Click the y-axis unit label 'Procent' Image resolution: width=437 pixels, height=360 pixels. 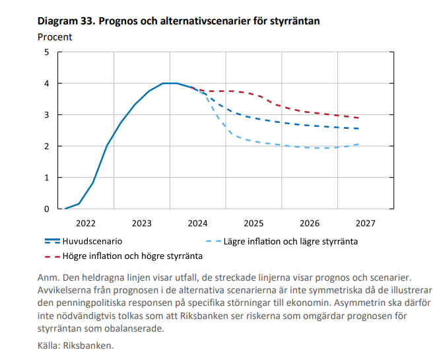click(55, 37)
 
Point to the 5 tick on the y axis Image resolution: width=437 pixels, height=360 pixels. click(46, 52)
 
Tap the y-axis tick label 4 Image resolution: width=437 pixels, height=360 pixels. click(46, 84)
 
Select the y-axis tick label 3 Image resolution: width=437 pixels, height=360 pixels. click(46, 115)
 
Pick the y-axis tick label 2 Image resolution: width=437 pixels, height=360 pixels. click(46, 146)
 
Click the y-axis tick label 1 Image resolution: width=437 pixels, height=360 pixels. click(46, 178)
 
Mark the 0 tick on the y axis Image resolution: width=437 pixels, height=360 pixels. click(46, 209)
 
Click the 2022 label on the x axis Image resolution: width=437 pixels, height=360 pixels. click(86, 223)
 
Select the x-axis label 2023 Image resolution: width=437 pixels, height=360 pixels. click(142, 223)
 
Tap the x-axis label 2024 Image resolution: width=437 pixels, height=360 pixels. click(198, 223)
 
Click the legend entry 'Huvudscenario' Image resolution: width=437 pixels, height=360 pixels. click(92, 242)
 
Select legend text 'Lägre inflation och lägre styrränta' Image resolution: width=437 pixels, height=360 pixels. click(291, 242)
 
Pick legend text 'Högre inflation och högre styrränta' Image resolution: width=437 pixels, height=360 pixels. click(132, 255)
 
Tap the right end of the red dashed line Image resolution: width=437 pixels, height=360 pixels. click(359, 118)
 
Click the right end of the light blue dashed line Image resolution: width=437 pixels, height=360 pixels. click(359, 144)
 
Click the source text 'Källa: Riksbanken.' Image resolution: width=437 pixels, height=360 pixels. click(76, 345)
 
